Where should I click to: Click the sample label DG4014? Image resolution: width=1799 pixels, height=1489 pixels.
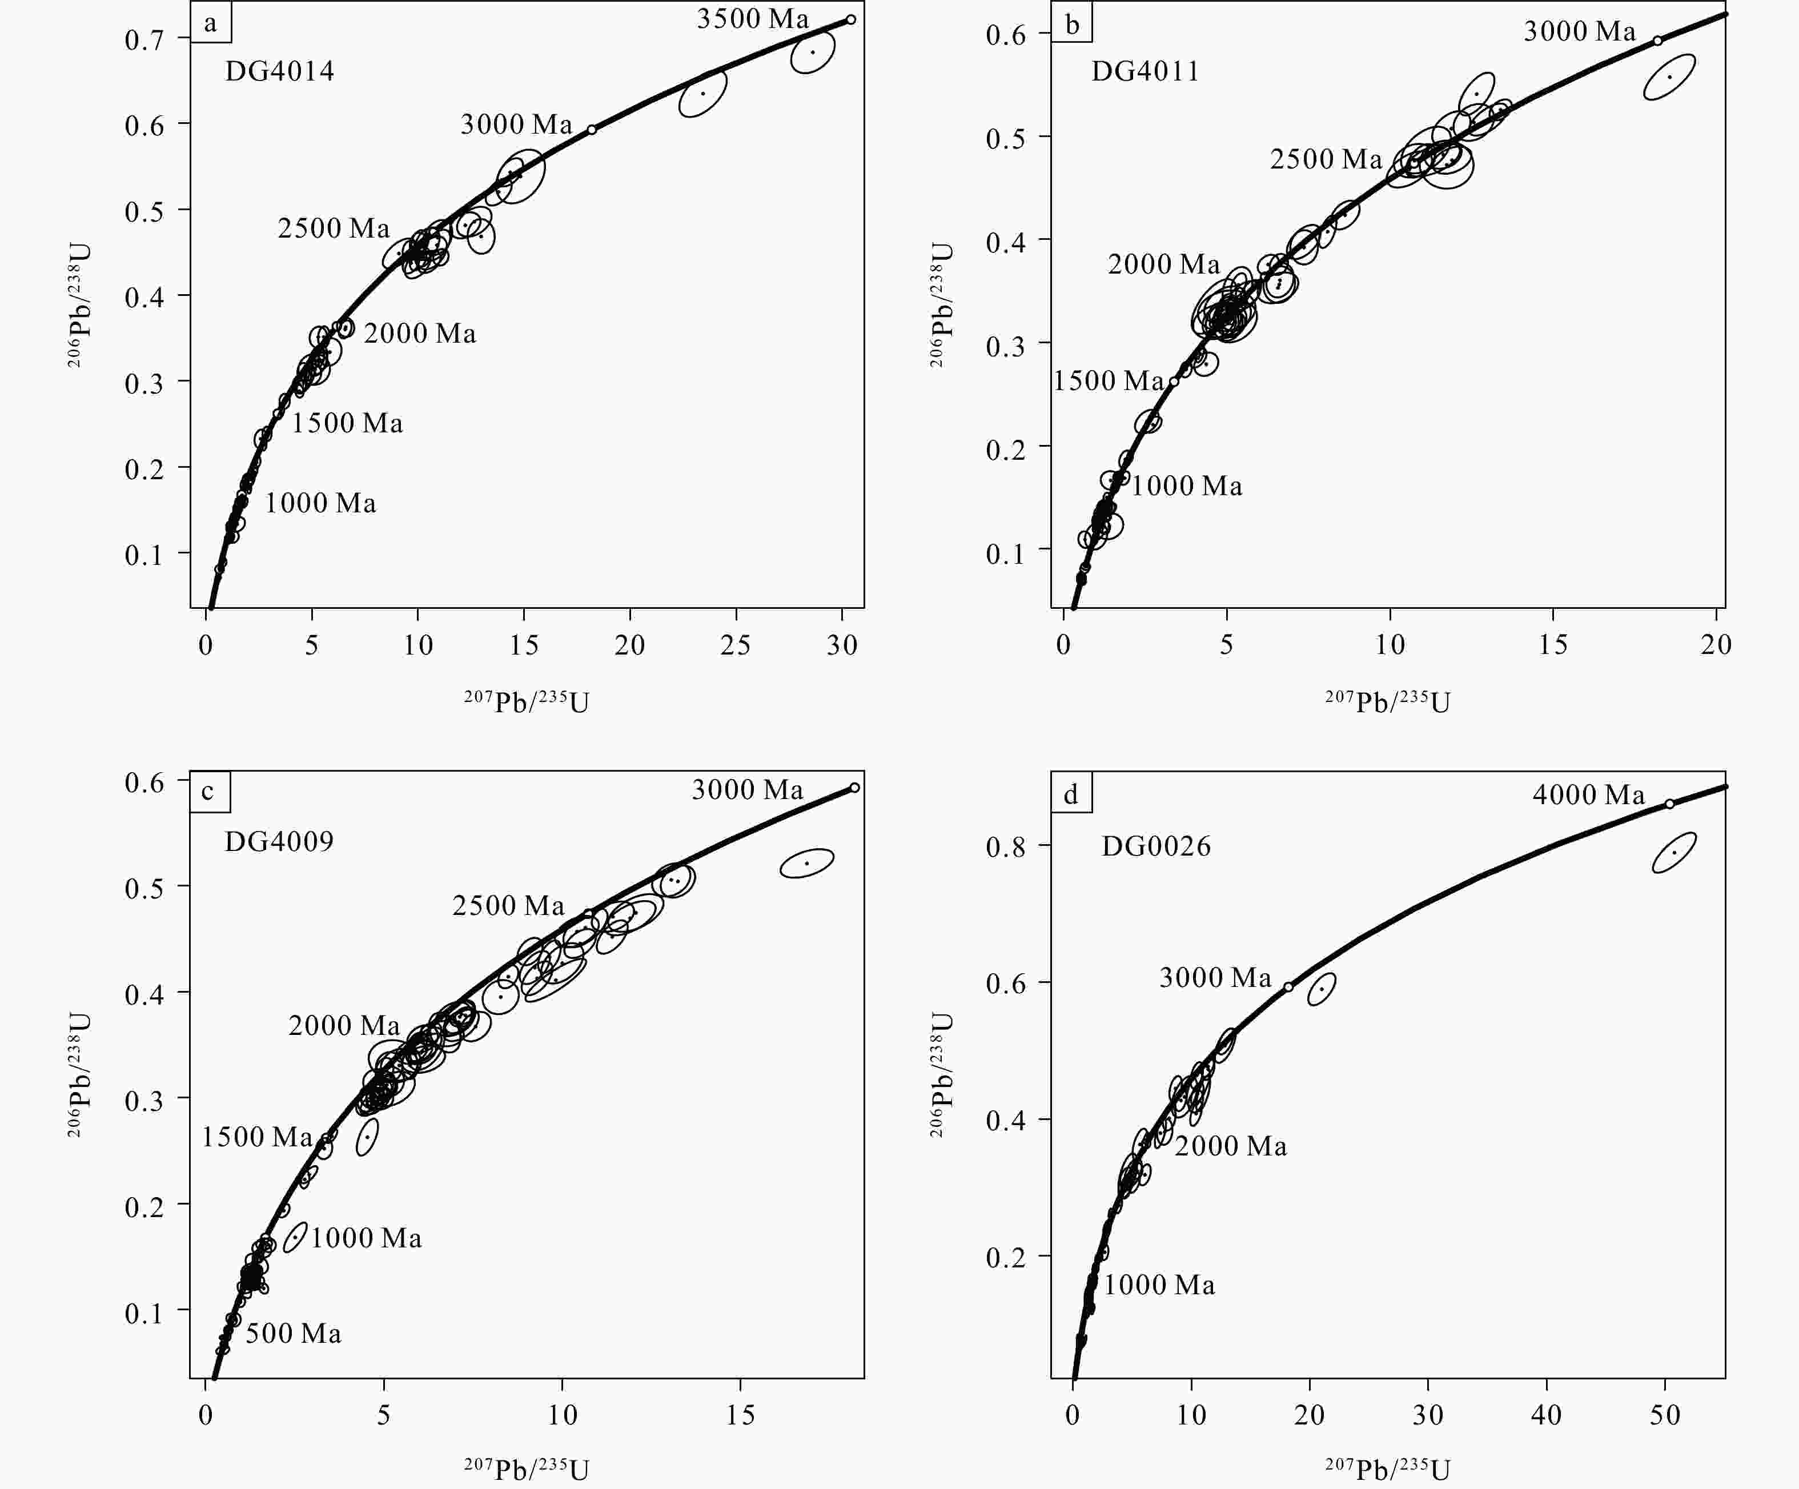click(279, 70)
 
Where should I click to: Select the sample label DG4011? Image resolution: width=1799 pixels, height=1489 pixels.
click(1145, 70)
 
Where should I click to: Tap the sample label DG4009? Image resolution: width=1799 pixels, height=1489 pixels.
click(279, 841)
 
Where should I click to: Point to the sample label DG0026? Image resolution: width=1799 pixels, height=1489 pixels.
click(1156, 846)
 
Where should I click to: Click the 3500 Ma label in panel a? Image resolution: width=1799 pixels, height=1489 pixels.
click(752, 19)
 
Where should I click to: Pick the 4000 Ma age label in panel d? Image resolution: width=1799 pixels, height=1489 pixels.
click(1588, 795)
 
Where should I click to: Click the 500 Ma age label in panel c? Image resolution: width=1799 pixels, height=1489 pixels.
click(293, 1333)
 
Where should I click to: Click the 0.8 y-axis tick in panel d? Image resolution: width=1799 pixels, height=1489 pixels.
click(1006, 846)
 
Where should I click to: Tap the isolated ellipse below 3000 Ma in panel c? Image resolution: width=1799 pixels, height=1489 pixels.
click(807, 862)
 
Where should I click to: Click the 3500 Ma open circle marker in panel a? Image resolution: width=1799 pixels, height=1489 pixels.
click(851, 19)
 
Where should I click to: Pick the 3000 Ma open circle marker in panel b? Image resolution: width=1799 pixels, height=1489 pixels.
click(1657, 40)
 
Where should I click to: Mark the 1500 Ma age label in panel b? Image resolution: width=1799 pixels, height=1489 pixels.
click(1108, 380)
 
